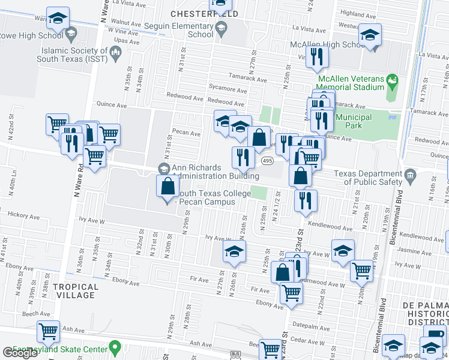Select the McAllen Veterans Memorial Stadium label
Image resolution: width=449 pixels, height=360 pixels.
[351, 83]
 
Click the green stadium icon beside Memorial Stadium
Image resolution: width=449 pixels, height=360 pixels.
[392, 79]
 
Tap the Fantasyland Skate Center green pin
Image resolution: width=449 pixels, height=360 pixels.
[117, 347]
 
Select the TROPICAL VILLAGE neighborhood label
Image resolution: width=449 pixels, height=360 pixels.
[75, 291]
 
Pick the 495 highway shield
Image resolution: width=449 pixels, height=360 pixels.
[268, 161]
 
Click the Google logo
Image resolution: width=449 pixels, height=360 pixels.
[19, 353]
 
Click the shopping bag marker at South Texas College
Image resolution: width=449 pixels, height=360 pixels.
[167, 187]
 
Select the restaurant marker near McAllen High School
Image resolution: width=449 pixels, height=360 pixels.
[315, 57]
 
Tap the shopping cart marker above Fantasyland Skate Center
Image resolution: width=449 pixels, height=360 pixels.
[48, 331]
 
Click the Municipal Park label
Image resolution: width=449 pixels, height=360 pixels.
[354, 121]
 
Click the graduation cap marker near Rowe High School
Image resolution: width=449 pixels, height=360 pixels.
[58, 19]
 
